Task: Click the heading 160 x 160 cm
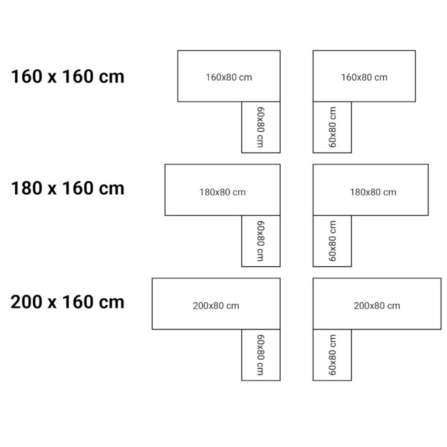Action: [x=68, y=77]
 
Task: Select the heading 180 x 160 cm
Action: [x=68, y=189]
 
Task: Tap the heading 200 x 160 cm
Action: [x=68, y=302]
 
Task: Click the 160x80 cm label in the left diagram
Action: [x=229, y=77]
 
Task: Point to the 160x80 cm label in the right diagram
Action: [x=364, y=77]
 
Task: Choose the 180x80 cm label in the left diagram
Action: [x=223, y=192]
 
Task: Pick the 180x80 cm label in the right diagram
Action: [x=373, y=192]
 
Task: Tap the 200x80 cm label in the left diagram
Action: [x=216, y=306]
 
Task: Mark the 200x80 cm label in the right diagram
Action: [x=377, y=306]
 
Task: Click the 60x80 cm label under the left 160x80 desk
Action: [x=261, y=127]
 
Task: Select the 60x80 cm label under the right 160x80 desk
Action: [x=332, y=127]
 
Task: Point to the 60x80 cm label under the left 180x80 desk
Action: [x=261, y=241]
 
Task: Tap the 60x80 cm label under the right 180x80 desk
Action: [x=332, y=241]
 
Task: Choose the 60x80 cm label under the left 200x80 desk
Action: [x=261, y=354]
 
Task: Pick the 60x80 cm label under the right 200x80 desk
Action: [x=332, y=354]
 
